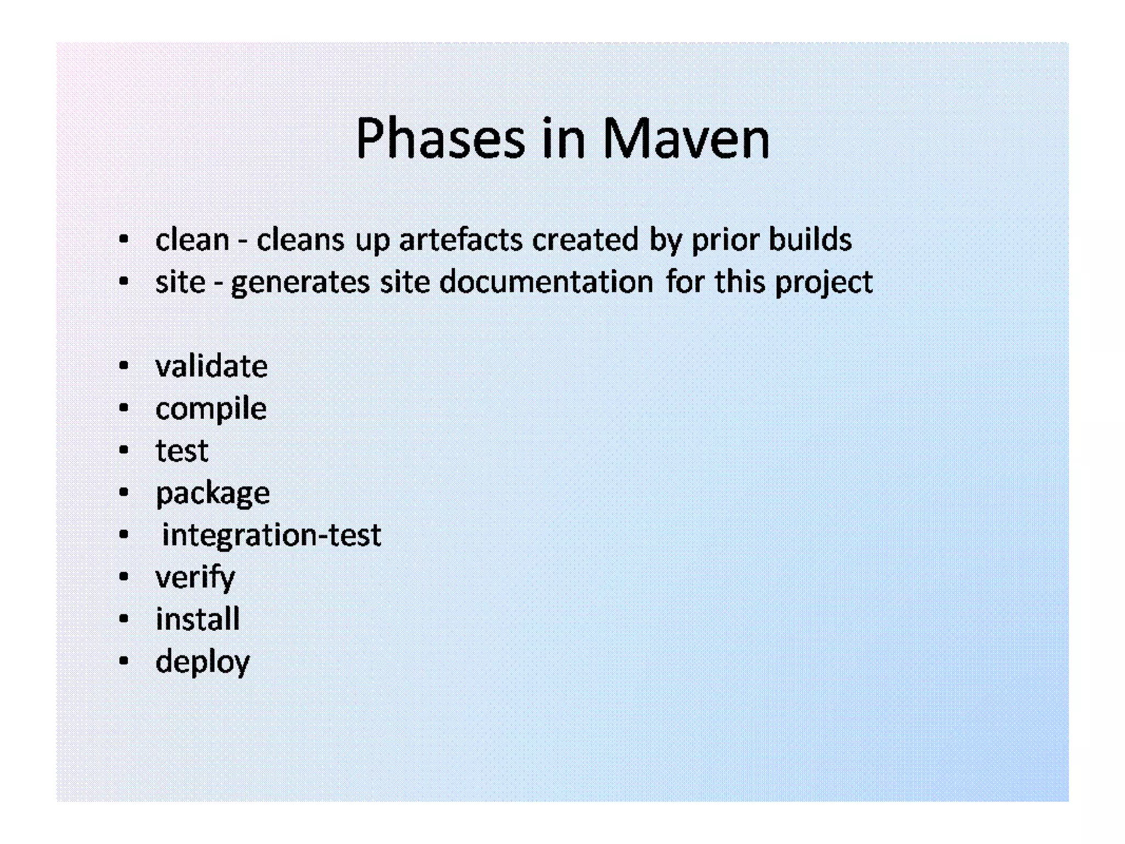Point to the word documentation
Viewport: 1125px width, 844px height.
pos(547,282)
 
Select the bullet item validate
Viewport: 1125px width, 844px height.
pos(211,367)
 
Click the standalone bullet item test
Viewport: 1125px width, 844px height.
pos(182,451)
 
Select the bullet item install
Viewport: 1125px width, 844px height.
pos(198,619)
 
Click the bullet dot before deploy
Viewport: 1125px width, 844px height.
pos(124,661)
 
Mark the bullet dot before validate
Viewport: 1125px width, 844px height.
pos(124,366)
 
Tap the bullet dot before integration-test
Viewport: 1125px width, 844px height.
pos(124,535)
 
